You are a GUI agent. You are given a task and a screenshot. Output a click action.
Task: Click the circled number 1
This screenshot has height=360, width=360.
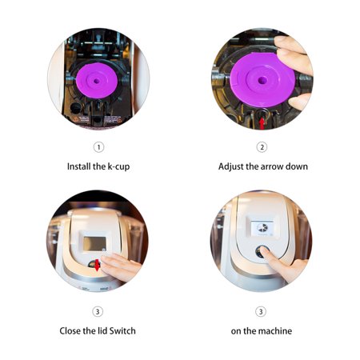[x=98, y=147]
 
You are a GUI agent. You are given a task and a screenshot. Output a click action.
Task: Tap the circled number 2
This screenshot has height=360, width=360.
[x=262, y=147]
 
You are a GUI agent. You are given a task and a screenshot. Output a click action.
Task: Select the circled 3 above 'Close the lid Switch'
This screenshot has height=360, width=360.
[x=98, y=311]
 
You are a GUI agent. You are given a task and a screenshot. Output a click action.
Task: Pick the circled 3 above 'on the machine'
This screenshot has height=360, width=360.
[x=261, y=311]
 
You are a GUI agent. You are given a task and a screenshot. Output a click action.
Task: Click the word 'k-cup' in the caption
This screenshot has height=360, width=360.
[x=118, y=167]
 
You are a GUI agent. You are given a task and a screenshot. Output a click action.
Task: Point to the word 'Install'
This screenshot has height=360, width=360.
[x=78, y=166]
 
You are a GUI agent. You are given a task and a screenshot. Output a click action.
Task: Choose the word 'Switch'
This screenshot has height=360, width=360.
[x=122, y=331]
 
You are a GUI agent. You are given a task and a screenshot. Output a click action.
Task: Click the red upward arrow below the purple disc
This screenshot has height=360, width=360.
[x=262, y=124]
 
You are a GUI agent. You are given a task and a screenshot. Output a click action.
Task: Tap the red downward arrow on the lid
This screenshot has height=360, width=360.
[x=97, y=265]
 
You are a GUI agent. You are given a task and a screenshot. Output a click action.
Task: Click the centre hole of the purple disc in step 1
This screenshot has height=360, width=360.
[x=97, y=81]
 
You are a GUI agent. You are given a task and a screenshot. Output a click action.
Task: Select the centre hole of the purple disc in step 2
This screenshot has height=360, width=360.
[x=262, y=80]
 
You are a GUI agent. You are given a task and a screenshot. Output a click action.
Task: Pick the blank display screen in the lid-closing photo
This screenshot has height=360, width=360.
[x=94, y=244]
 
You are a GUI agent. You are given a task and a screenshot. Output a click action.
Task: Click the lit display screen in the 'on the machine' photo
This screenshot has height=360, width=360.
[x=262, y=228]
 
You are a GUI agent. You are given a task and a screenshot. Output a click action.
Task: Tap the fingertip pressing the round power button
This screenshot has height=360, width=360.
[x=263, y=250]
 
